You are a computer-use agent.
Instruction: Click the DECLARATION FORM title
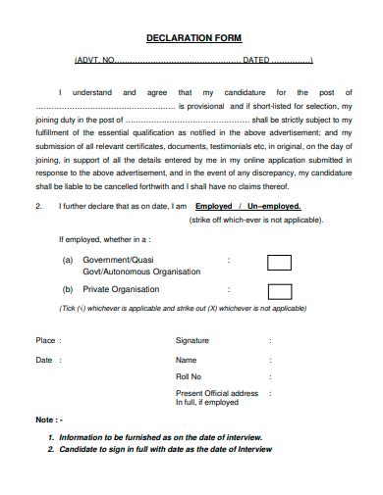[192, 38]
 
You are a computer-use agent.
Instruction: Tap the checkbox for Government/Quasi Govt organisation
[279, 263]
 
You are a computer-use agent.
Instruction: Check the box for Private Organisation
[279, 290]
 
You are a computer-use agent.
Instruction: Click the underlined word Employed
[214, 207]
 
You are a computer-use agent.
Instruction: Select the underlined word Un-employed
[269, 207]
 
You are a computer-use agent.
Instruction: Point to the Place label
[46, 341]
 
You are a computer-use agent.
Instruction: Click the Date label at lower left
[44, 360]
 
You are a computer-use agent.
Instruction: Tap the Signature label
[191, 340]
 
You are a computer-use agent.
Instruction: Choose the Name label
[186, 360]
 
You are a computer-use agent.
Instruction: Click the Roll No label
[189, 376]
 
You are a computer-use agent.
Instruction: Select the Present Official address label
[216, 393]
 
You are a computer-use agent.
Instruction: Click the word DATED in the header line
[255, 60]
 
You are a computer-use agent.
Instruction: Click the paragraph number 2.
[37, 207]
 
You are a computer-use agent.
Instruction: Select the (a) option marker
[68, 261]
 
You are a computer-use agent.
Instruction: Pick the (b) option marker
[68, 290]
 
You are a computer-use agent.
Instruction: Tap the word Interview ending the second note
[254, 449]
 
